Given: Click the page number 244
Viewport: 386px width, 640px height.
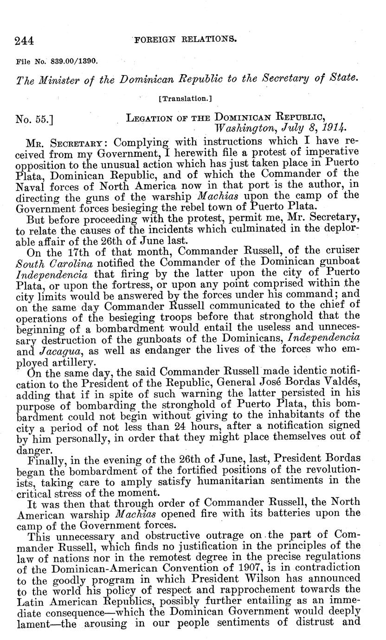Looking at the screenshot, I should tap(24, 41).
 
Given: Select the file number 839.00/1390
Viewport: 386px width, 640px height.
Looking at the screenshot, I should tap(76, 60).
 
